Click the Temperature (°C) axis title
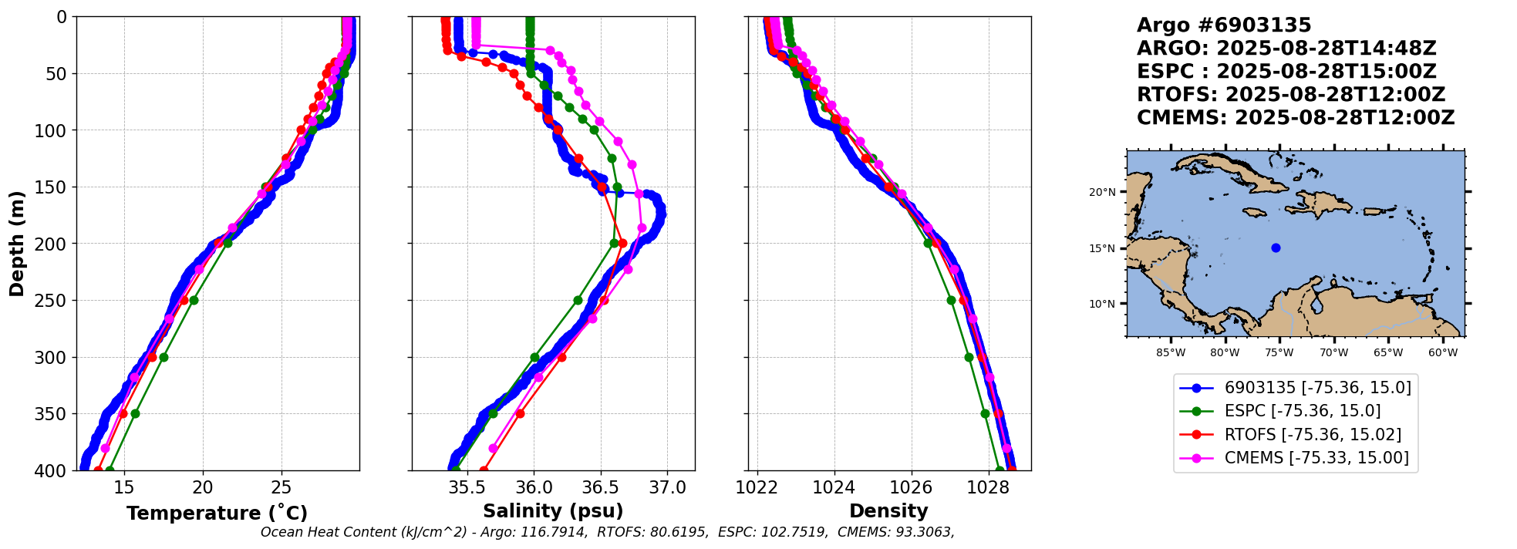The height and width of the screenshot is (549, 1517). [217, 513]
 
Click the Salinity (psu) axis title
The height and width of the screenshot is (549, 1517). [553, 511]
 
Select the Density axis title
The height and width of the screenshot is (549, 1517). [888, 511]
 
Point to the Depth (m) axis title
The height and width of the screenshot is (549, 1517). [17, 244]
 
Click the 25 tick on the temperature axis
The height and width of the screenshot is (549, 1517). [281, 487]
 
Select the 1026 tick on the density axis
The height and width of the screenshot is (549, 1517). [911, 487]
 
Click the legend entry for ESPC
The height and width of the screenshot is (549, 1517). [1302, 411]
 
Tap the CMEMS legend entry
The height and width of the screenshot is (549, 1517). [1316, 458]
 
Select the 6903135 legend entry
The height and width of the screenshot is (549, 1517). [1317, 387]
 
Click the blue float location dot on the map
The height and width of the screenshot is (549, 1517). [1276, 248]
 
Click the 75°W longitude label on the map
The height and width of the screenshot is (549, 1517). [1279, 353]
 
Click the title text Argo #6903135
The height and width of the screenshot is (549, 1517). [1224, 25]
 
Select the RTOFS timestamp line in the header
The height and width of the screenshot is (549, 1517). [1290, 95]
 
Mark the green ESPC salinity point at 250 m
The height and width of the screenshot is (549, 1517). [578, 300]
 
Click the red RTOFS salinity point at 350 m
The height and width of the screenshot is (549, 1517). [520, 413]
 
